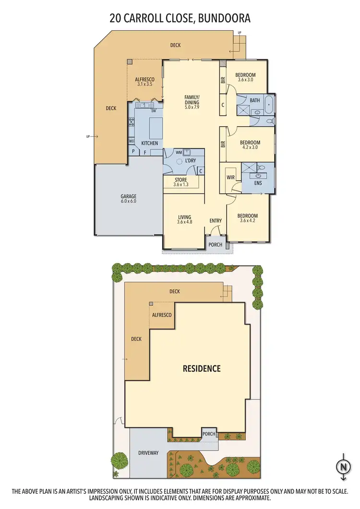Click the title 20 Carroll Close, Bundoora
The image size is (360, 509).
[x=180, y=19]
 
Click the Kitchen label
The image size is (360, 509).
[x=150, y=144]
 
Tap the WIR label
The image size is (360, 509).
[x=230, y=178]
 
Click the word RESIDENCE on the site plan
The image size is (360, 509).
[x=202, y=369]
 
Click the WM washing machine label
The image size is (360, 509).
[x=179, y=153]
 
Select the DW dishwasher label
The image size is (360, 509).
[x=154, y=111]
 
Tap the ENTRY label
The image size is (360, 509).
[x=216, y=221]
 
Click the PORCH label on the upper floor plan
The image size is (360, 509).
[x=216, y=244]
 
